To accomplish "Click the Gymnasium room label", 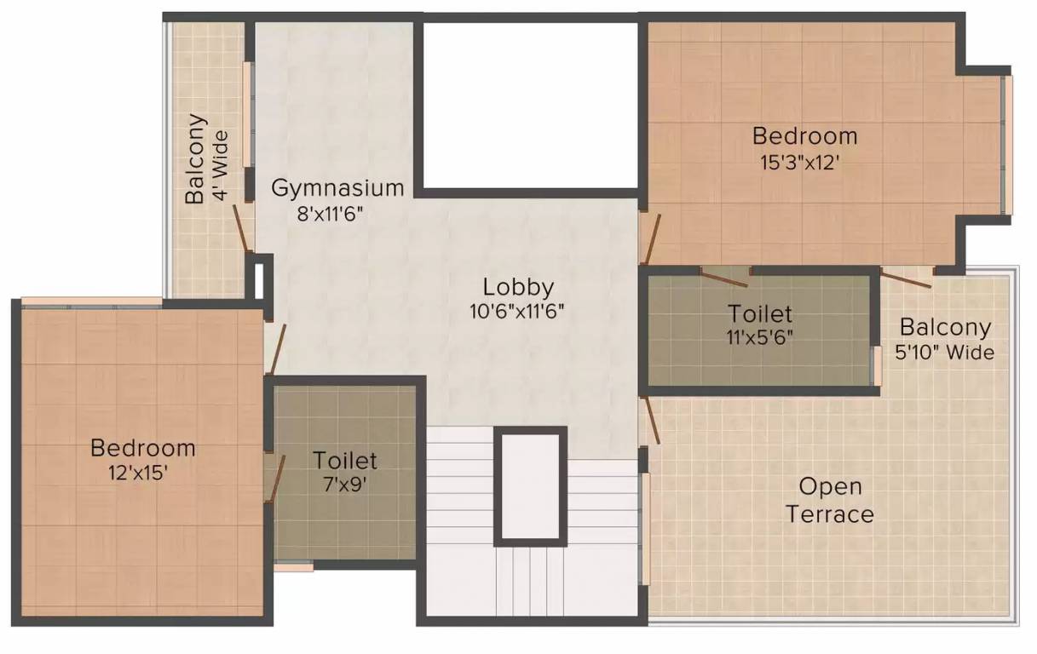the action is [x=337, y=188].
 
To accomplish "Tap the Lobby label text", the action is [x=518, y=287].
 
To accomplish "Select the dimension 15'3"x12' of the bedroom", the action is [x=800, y=163].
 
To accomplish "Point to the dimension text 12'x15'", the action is [x=137, y=473].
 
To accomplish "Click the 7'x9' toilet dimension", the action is [x=345, y=485].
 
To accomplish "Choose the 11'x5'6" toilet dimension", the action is [x=760, y=337].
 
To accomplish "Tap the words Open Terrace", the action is [x=830, y=501].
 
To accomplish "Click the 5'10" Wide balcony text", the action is [x=944, y=353].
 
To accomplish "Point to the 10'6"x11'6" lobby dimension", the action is [x=517, y=312].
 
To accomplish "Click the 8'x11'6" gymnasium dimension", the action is [x=330, y=214].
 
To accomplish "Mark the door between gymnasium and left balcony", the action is [x=243, y=228].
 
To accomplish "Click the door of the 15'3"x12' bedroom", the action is [x=650, y=238].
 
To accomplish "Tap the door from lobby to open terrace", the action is [x=650, y=420].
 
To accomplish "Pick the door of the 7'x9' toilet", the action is [x=275, y=479].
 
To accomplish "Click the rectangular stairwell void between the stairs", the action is [x=531, y=486].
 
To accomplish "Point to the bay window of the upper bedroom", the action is [x=1006, y=145].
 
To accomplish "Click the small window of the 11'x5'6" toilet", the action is [x=877, y=366].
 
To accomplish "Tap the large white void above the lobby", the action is [x=531, y=105].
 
